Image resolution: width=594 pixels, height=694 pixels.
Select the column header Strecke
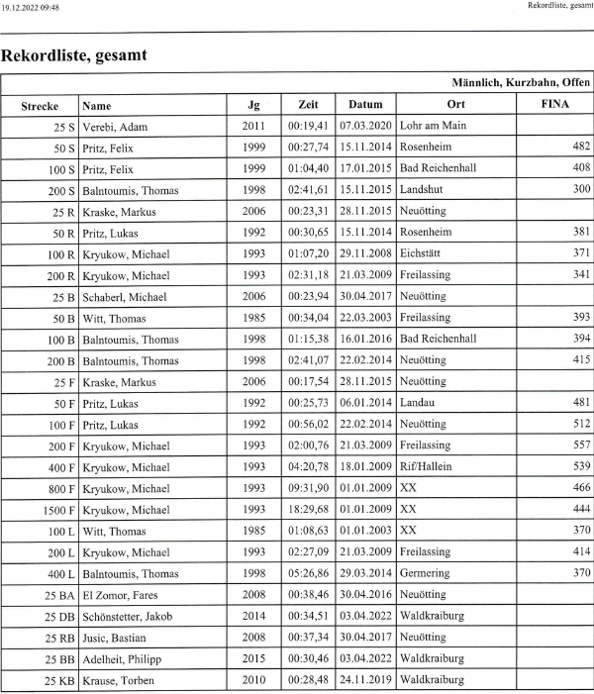(x=41, y=105)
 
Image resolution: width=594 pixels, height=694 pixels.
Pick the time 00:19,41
(x=308, y=127)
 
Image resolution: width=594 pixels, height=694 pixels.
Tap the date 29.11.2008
(x=365, y=252)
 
